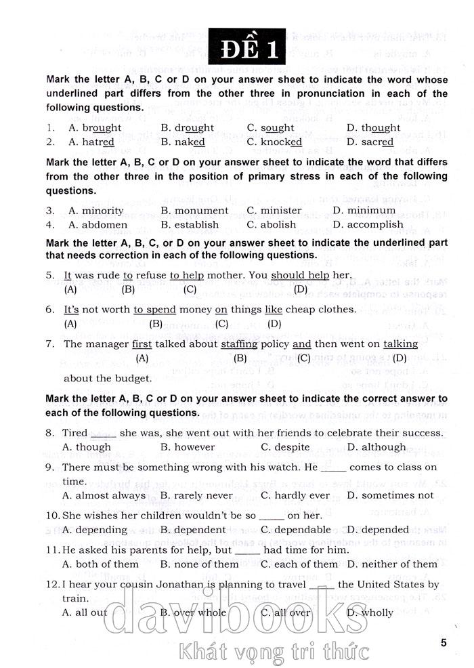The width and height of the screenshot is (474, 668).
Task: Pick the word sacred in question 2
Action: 378,142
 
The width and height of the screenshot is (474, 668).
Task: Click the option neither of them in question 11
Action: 402,564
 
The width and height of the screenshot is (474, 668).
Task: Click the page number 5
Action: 444,643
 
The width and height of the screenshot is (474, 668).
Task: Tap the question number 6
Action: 51,309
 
